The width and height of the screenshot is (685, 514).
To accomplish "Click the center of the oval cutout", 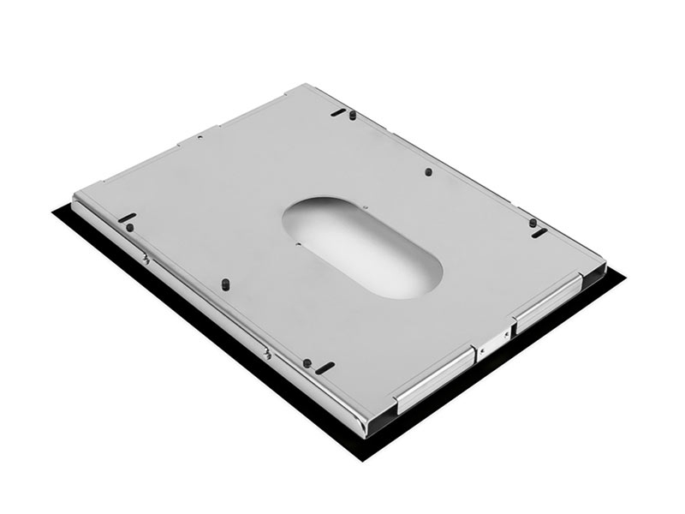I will [362, 248].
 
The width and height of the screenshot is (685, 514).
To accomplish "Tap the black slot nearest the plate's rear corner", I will [339, 111].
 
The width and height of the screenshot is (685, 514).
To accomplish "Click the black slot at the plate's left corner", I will [127, 218].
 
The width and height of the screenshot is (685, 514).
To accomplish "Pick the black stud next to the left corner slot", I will [129, 228].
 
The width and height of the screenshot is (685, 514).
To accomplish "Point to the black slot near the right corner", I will [539, 233].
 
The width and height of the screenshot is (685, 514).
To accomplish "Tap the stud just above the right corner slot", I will [533, 223].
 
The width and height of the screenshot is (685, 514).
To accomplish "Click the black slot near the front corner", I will [325, 368].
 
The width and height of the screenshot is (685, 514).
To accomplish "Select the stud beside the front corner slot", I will [307, 362].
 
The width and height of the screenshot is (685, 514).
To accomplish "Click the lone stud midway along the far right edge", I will [428, 171].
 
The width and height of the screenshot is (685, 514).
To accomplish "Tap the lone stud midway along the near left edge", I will [224, 282].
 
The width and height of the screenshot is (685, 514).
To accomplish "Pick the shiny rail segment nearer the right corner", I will [548, 301].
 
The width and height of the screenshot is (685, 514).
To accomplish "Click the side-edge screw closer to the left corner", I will [146, 259].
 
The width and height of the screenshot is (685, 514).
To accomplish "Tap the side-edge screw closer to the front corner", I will [268, 353].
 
